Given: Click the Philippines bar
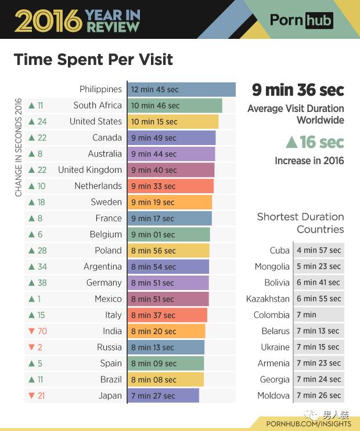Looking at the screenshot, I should [181, 89].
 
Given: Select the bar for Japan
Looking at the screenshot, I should [163, 396].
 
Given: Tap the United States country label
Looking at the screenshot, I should [96, 121].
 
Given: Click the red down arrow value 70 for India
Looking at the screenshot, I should [38, 331].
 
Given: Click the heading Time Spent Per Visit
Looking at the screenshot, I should [93, 60].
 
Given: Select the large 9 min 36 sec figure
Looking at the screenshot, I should [297, 90].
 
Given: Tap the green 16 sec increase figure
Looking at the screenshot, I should [314, 142].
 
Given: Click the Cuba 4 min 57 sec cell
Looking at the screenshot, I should [319, 251].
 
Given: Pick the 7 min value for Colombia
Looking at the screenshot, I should [319, 315].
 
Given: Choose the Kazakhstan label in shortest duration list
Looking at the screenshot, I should [268, 299].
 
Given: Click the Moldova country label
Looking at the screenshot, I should [273, 396].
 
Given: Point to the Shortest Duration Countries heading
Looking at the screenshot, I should [300, 223].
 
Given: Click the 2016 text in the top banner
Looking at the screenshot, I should [47, 20].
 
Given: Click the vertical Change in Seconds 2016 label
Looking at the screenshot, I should [18, 149].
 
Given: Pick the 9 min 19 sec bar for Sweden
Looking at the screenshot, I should [170, 202].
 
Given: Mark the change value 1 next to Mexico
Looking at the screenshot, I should [38, 299].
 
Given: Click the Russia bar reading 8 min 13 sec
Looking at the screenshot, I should [165, 347].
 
